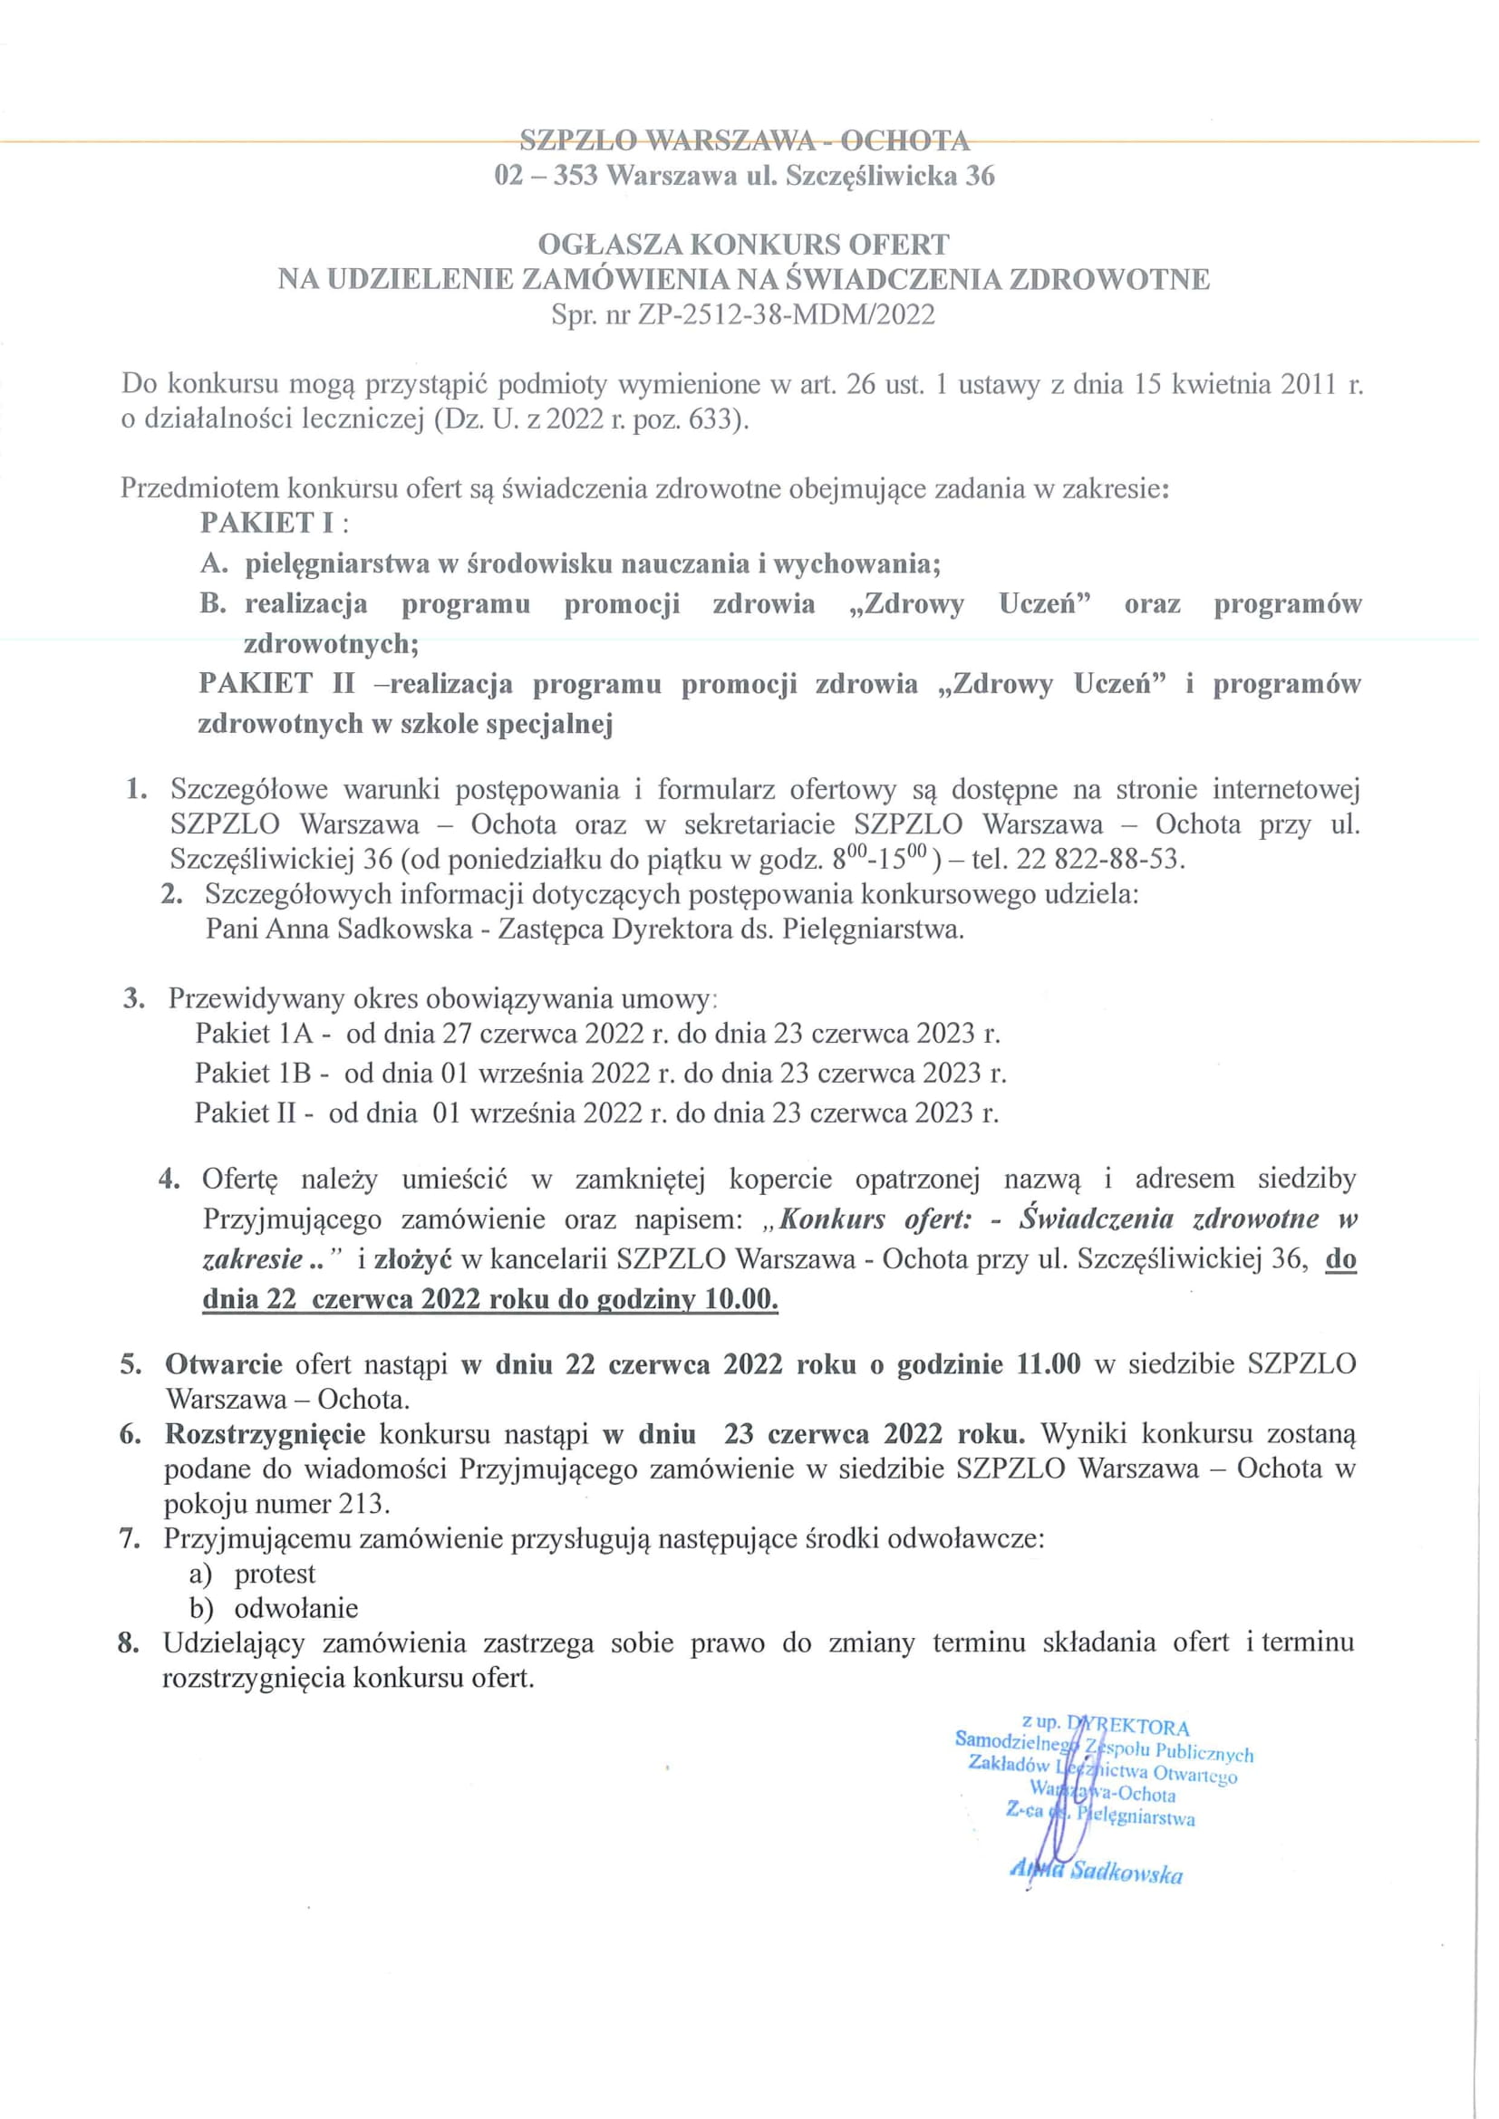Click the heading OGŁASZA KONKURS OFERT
tap(743, 245)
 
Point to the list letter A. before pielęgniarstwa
tap(214, 563)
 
